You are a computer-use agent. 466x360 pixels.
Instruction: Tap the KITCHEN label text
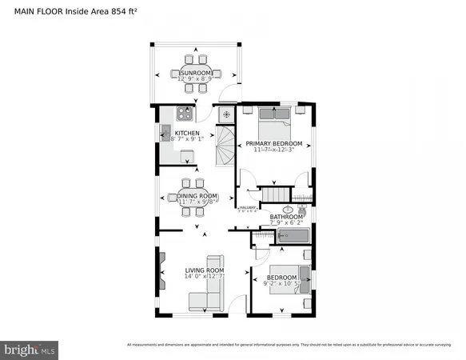(187, 134)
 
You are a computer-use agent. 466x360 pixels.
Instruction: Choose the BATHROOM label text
(285, 217)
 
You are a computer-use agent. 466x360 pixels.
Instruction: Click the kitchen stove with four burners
(186, 113)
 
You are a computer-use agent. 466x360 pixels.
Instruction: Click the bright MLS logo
(30, 349)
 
